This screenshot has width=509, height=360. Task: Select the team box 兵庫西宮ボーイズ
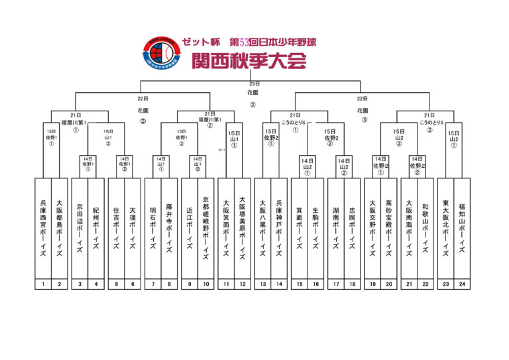[x=43, y=228]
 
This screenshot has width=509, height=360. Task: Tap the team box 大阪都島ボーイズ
[x=60, y=228]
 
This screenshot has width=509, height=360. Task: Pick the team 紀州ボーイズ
[x=96, y=228]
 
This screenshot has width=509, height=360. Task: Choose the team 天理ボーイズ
[x=133, y=228]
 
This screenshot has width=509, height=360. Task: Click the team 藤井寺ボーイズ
[x=170, y=228]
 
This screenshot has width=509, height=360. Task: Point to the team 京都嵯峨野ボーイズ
[x=206, y=228]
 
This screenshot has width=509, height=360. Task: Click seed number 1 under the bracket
[x=43, y=284]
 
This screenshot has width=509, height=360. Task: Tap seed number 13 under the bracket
[x=262, y=284]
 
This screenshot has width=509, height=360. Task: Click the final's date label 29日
[x=254, y=84]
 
